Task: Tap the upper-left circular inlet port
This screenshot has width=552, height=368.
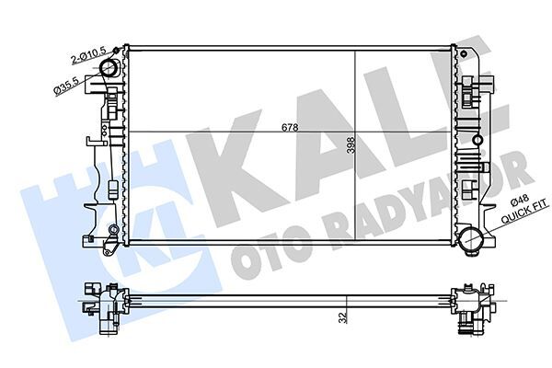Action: [x=109, y=70]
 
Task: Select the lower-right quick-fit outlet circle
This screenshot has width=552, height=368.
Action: [x=473, y=241]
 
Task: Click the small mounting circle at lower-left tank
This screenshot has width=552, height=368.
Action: [x=111, y=229]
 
